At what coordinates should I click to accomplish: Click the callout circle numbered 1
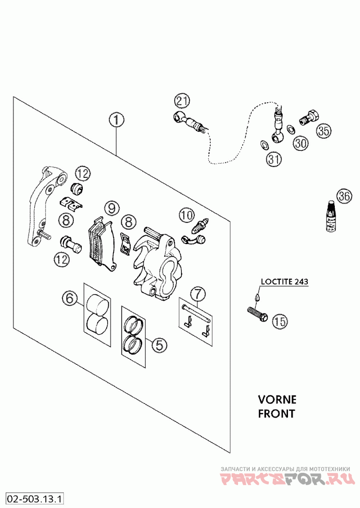pyautogui.click(x=116, y=120)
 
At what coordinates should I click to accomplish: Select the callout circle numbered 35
pyautogui.click(x=324, y=131)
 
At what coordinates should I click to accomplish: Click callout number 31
pyautogui.click(x=274, y=159)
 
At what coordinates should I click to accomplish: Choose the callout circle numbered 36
pyautogui.click(x=344, y=196)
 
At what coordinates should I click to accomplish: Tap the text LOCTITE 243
pyautogui.click(x=284, y=281)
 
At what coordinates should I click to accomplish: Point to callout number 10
pyautogui.click(x=186, y=216)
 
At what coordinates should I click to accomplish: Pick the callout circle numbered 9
pyautogui.click(x=112, y=208)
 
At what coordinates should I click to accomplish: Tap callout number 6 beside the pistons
pyautogui.click(x=70, y=298)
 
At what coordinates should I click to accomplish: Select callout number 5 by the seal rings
pyautogui.click(x=159, y=345)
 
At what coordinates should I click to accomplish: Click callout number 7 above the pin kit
pyautogui.click(x=198, y=294)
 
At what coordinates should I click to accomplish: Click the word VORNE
pyautogui.click(x=277, y=399)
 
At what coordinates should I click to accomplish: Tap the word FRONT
pyautogui.click(x=277, y=413)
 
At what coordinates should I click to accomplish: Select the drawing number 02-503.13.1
pyautogui.click(x=35, y=499)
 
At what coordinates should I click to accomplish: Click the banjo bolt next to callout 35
pyautogui.click(x=308, y=117)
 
